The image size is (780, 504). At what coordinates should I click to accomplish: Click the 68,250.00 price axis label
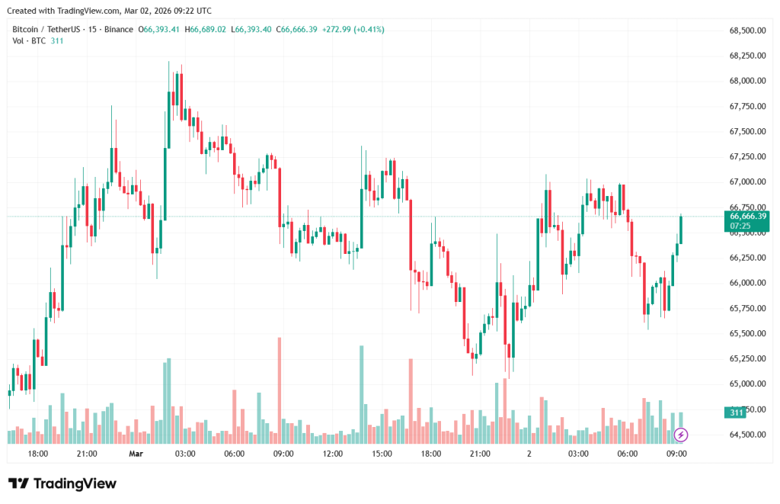point(746,56)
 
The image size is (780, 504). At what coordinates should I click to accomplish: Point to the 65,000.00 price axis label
point(746,384)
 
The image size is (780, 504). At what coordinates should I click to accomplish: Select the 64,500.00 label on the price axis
point(746,435)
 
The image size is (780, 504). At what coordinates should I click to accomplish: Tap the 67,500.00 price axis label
point(746,131)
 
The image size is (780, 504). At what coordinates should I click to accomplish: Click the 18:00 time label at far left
point(38,454)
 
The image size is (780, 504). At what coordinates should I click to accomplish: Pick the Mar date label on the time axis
point(136,454)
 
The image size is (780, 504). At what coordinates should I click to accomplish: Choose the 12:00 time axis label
point(333,454)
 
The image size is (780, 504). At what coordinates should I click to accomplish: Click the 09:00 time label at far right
point(676,454)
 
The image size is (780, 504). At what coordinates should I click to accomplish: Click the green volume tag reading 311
point(736,413)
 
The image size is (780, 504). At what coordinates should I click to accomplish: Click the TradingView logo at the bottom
point(62,483)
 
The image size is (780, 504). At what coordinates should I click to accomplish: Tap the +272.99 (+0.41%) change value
point(353,30)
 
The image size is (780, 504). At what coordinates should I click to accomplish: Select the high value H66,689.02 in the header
point(207,30)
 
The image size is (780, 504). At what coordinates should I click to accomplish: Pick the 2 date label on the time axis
point(529,454)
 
